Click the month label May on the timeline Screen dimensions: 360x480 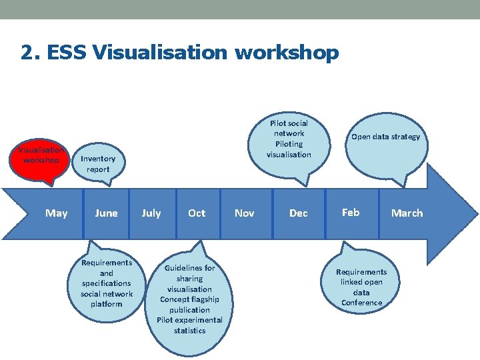tap(57, 213)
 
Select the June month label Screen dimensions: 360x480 tap(106, 213)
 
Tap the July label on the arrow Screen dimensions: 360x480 tap(151, 213)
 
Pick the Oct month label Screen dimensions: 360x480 tap(197, 213)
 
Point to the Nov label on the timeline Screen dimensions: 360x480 tap(245, 213)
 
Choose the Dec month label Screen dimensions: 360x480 tap(299, 213)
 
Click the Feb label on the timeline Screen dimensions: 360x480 tap(351, 213)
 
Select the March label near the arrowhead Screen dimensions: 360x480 tap(407, 213)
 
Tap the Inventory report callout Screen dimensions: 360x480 tap(97, 164)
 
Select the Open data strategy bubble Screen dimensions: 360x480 tap(386, 137)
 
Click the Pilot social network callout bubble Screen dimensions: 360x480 tap(289, 139)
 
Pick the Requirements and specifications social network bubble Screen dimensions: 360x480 tap(107, 283)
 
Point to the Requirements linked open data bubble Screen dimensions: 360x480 tap(361, 287)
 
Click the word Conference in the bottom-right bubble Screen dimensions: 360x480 tap(361, 303)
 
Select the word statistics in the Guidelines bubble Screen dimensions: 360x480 tap(189, 331)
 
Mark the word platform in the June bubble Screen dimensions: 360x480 tap(107, 304)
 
